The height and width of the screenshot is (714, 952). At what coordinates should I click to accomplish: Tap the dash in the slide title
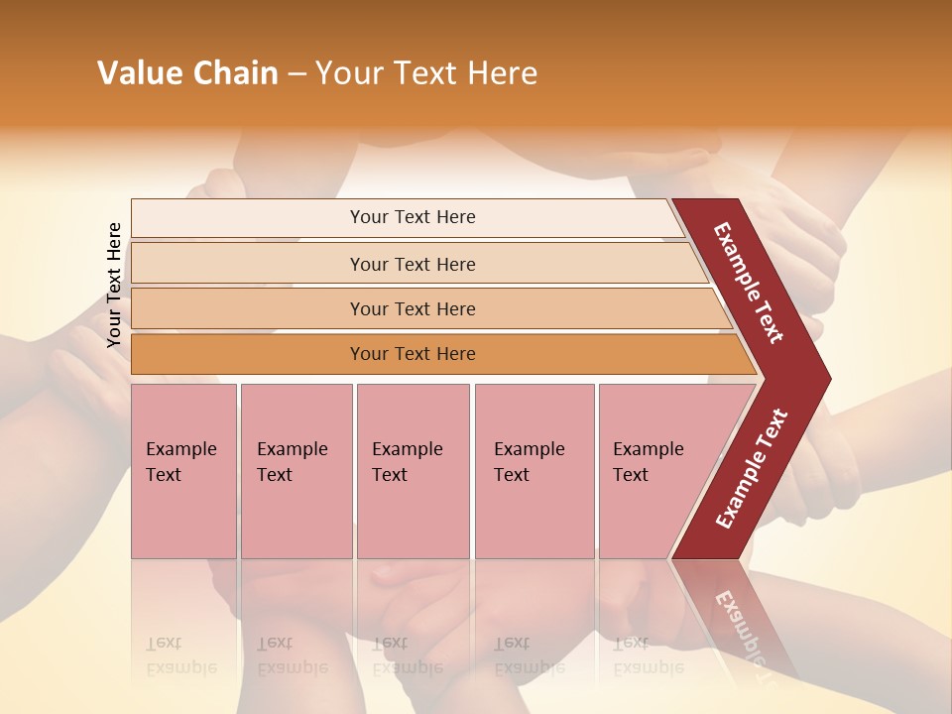[297, 74]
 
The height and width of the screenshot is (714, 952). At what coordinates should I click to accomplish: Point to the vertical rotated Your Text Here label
[114, 285]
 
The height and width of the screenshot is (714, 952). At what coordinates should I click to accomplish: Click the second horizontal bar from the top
[413, 264]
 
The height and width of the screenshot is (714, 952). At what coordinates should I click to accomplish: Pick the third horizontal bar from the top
[413, 308]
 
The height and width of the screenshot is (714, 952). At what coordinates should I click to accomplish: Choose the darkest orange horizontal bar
[413, 354]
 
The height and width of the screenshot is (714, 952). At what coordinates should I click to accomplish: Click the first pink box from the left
[183, 471]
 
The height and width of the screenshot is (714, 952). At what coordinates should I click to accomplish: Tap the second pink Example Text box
[296, 471]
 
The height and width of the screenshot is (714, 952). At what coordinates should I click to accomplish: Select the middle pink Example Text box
[413, 471]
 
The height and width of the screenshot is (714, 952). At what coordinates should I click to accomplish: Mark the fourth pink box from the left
[534, 471]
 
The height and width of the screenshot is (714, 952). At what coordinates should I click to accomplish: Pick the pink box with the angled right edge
[654, 471]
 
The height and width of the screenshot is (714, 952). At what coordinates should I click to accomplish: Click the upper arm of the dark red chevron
[749, 283]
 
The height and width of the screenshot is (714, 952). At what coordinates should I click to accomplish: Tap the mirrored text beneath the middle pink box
[407, 655]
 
